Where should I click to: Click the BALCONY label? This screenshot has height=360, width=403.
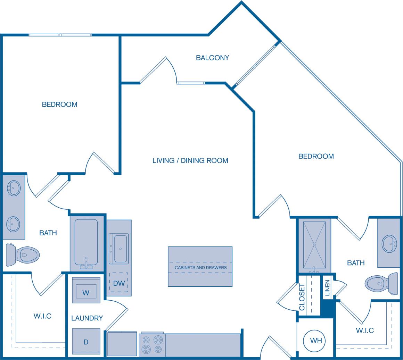[x=212, y=58]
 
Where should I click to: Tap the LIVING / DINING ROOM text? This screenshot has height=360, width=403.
[x=190, y=160]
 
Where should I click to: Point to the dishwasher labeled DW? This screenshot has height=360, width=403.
[x=119, y=283]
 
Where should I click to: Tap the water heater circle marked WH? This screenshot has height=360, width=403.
[x=316, y=341]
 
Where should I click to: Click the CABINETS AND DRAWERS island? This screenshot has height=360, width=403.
[x=200, y=267]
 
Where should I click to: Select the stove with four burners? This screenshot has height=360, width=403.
[x=152, y=344]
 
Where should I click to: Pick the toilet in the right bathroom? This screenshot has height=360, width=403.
[x=381, y=283]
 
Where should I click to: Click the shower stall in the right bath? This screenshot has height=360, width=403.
[x=314, y=245]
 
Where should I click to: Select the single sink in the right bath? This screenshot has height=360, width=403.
[x=388, y=243]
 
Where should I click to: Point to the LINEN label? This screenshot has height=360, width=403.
[x=327, y=288]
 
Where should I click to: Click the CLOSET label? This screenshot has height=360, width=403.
[x=302, y=297]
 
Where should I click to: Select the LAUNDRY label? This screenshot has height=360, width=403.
[x=87, y=318]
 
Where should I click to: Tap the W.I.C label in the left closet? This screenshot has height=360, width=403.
[x=42, y=316]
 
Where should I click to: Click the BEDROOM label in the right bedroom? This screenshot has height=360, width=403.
[x=316, y=156]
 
